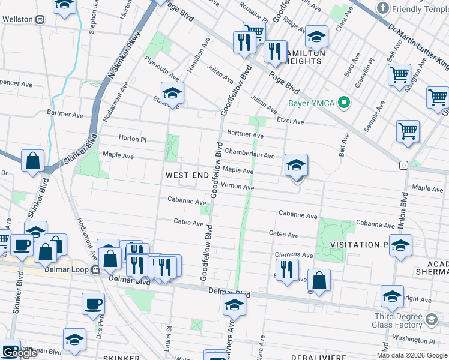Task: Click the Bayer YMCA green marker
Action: (x=344, y=103)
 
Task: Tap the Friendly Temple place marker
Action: (x=382, y=8)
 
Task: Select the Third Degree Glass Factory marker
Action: (x=431, y=320)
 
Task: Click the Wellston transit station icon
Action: (x=40, y=19)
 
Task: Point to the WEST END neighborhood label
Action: (x=187, y=175)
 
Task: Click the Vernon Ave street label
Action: (x=238, y=187)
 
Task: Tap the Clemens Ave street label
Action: (x=294, y=254)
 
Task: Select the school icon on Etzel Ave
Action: (x=172, y=94)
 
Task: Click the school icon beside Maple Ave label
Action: (x=296, y=165)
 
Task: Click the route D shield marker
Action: (x=404, y=164)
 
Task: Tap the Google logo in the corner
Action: (x=20, y=353)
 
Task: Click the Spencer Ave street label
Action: (x=12, y=80)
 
